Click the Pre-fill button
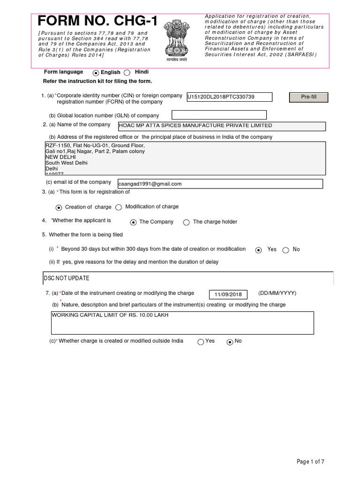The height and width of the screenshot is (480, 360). [x=308, y=97]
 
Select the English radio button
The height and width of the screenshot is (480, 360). [x=96, y=73]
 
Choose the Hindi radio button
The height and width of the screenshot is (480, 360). [x=127, y=73]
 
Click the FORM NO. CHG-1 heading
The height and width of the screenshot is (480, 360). [x=97, y=21]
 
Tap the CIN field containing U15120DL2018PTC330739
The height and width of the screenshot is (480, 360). [x=229, y=97]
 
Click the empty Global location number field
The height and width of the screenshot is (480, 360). [x=219, y=115]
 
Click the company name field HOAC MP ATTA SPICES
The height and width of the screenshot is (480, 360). [x=222, y=126]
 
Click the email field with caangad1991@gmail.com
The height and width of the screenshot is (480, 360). [x=221, y=184]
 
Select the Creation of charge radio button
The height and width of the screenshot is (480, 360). [x=59, y=207]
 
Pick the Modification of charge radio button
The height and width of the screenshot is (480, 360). [x=119, y=207]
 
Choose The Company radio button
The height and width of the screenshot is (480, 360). [x=133, y=222]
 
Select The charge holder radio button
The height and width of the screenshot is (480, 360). [x=187, y=222]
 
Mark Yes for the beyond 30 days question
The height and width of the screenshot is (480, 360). [x=258, y=250]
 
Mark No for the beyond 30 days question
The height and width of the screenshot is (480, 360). [x=286, y=250]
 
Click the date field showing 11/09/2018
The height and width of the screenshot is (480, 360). [x=228, y=294]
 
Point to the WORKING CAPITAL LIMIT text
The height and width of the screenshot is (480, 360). [x=110, y=315]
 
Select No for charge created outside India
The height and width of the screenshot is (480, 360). [x=230, y=342]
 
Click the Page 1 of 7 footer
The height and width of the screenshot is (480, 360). [x=310, y=462]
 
